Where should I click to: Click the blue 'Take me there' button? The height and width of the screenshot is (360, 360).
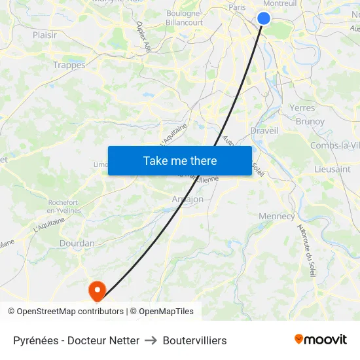pos(180,160)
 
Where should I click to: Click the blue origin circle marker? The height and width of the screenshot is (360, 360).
pos(264,18)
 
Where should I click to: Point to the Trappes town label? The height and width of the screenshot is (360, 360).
pos(69,65)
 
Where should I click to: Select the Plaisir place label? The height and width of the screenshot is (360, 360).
pos(45,35)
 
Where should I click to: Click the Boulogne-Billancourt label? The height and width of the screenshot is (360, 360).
pos(185,18)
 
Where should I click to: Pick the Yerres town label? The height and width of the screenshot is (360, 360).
pos(302,108)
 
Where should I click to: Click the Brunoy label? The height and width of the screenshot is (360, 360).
pos(310,122)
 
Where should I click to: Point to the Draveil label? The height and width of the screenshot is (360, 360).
pos(264,130)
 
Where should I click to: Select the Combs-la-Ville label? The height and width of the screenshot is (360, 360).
pos(334,145)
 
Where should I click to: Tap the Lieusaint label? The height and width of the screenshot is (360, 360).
pos(332,169)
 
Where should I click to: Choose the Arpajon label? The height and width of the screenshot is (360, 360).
pos(187,199)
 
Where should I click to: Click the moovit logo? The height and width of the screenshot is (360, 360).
pos(320,340)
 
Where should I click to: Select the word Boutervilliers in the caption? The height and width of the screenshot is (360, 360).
pos(195,340)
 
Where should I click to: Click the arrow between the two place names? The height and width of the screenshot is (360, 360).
pos(151,340)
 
